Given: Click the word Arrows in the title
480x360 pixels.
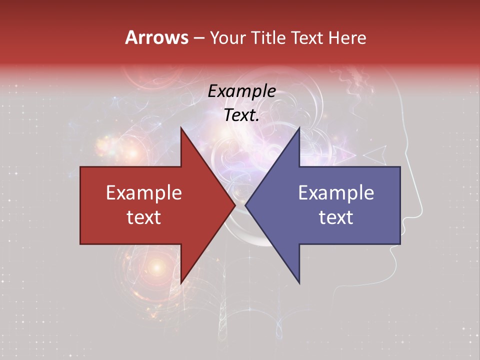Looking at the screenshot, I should point(156,37).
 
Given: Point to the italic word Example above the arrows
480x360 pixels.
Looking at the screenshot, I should point(241,91).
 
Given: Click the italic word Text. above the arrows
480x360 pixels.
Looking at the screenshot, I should point(241,115).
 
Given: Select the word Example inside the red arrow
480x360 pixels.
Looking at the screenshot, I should point(143,193).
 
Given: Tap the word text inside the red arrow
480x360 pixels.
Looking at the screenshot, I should point(143,217).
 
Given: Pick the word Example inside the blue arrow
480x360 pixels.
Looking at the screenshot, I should point(336,193).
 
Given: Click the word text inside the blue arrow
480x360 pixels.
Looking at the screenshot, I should point(336,217).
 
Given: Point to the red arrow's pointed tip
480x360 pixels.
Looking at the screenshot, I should point(234,205).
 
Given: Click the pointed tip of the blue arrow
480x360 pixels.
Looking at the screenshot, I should point(246,205).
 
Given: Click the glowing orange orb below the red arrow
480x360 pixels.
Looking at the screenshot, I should point(156,268).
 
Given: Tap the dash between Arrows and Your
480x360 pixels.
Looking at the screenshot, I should point(198,38).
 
